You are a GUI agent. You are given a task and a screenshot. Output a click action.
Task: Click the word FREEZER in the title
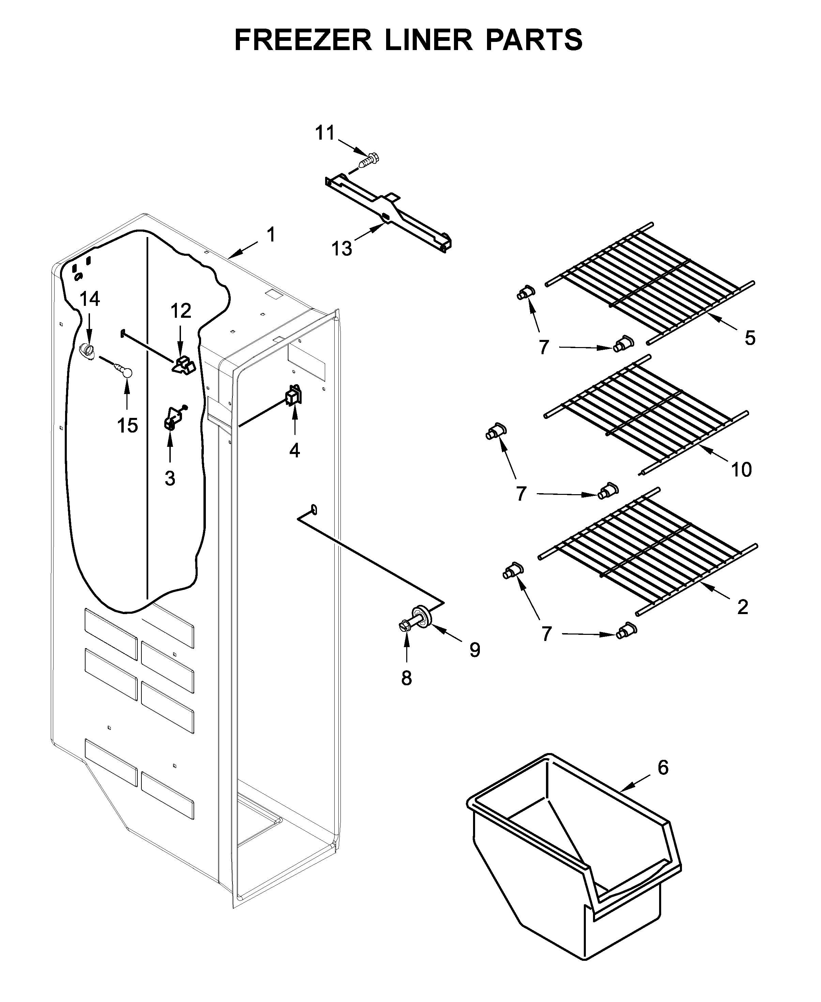303,40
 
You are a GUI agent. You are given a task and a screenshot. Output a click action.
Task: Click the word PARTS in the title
534,40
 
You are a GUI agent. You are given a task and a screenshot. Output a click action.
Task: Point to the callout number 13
341,249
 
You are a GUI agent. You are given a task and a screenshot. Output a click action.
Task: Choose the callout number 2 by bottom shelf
743,607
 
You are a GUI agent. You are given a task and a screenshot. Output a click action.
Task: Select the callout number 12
181,311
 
